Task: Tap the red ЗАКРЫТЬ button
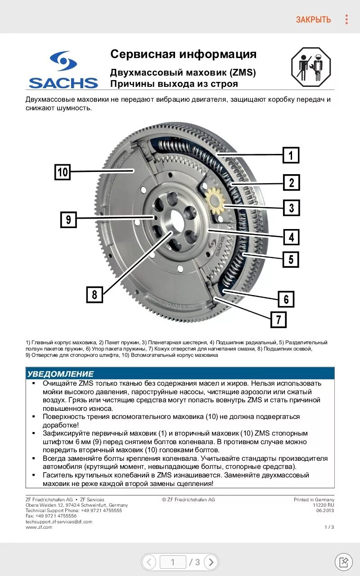tap(313, 19)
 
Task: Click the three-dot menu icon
tap(346, 19)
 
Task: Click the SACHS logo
tap(63, 70)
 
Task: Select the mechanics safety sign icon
tap(311, 67)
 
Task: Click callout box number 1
tap(291, 155)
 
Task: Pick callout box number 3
tap(291, 208)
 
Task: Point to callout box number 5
tap(291, 259)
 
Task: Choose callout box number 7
tap(279, 319)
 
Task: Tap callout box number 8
tap(94, 294)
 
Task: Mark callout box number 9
tap(68, 220)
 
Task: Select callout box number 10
tap(63, 172)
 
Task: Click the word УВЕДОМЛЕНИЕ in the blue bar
tap(60, 374)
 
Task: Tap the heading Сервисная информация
tap(184, 54)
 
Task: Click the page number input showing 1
tap(173, 562)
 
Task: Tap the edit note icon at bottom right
tap(344, 562)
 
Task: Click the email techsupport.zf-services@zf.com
tap(59, 522)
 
